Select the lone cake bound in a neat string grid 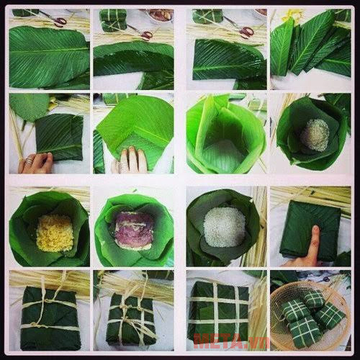pyautogui.click(x=219, y=311)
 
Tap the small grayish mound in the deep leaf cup pyautogui.click(x=314, y=135)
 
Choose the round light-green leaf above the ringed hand pyautogui.click(x=29, y=107)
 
